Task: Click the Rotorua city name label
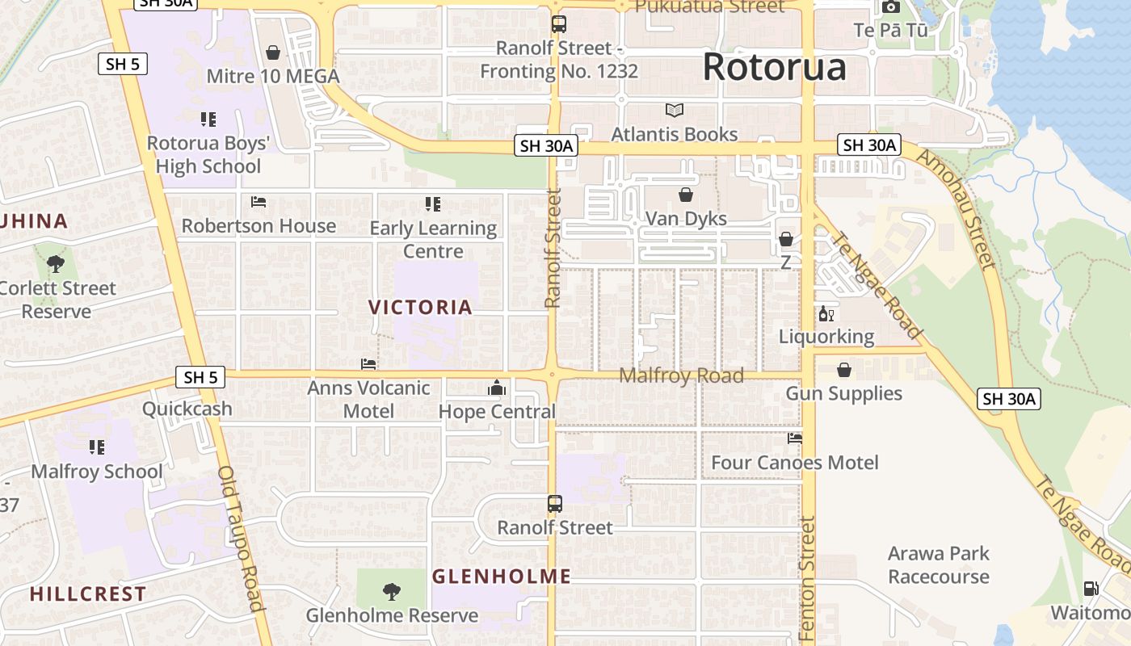click(x=774, y=67)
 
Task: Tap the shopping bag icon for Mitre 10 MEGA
click(x=273, y=52)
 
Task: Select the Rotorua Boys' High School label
click(x=208, y=155)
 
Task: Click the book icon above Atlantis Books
click(x=674, y=110)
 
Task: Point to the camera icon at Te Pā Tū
click(x=891, y=7)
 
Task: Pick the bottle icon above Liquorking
click(x=826, y=314)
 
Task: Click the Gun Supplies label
click(x=843, y=393)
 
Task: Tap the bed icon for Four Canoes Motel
click(x=795, y=438)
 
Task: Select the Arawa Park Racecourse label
click(x=938, y=565)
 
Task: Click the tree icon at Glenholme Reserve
click(x=391, y=592)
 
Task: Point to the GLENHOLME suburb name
click(x=501, y=577)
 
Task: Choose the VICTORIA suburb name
click(x=420, y=307)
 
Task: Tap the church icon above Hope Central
click(x=496, y=388)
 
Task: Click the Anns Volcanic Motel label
click(x=368, y=400)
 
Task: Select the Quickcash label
click(x=187, y=409)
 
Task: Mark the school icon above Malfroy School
click(x=97, y=447)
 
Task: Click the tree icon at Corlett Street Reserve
click(x=56, y=263)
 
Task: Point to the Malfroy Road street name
click(x=680, y=375)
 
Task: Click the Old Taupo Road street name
click(x=241, y=538)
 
